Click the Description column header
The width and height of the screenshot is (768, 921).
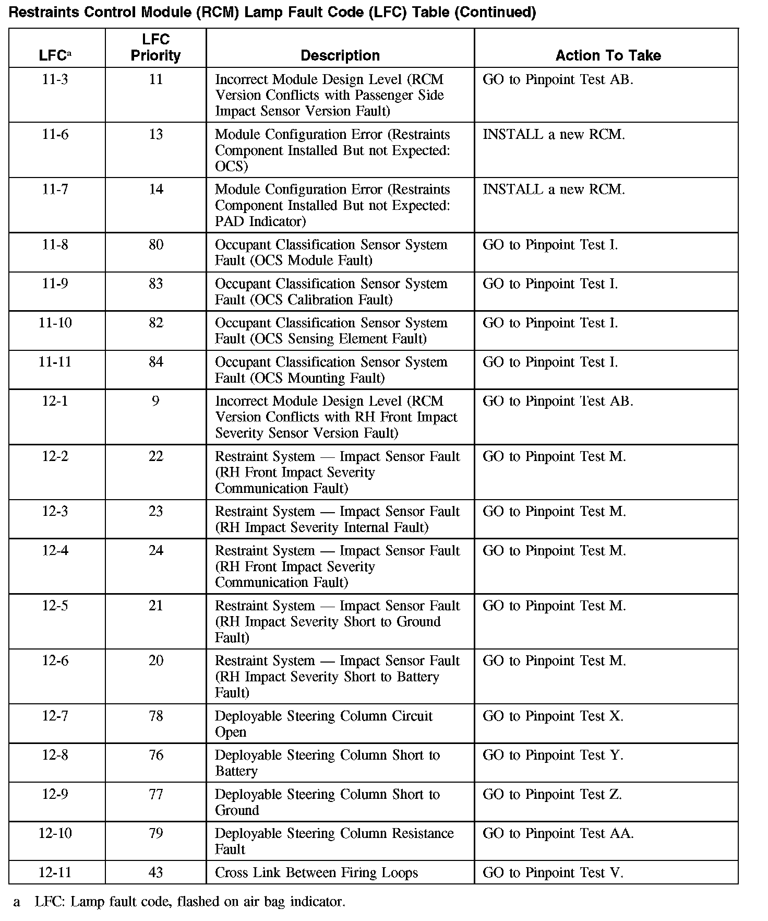(x=340, y=55)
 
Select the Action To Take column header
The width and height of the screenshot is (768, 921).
(x=608, y=55)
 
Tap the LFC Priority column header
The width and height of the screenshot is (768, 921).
(x=155, y=48)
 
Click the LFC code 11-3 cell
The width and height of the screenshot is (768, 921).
(x=55, y=79)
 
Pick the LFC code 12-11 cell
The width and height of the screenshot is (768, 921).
(x=55, y=872)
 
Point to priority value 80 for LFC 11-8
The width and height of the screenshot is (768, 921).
(x=156, y=244)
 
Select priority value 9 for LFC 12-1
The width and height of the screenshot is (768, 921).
(x=155, y=401)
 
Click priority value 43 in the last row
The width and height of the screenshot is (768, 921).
(x=156, y=872)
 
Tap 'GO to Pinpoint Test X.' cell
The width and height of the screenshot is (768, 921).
(x=553, y=716)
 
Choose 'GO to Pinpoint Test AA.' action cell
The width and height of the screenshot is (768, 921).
(x=558, y=833)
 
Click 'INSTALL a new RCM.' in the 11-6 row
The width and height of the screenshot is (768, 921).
(x=554, y=134)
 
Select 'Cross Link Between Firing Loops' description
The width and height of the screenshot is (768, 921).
(x=316, y=872)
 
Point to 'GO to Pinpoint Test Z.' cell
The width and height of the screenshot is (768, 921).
(x=553, y=794)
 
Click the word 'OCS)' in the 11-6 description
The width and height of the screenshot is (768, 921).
(x=231, y=166)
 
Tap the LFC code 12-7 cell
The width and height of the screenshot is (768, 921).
(x=55, y=716)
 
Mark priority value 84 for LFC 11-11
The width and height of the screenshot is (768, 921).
(x=156, y=362)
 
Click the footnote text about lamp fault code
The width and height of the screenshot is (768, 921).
(x=190, y=902)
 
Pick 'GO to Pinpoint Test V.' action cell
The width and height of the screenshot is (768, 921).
(x=553, y=872)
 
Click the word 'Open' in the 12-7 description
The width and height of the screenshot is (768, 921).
(x=230, y=732)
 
